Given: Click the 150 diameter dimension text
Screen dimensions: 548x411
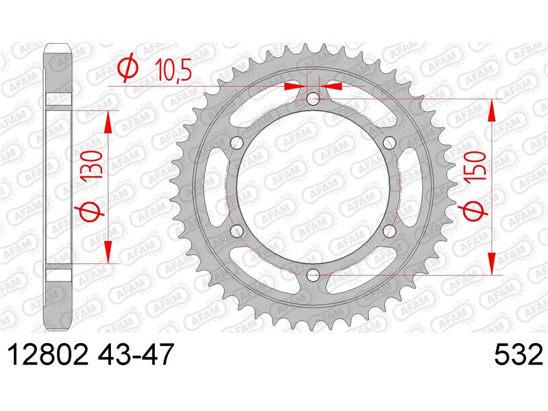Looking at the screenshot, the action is [474, 166].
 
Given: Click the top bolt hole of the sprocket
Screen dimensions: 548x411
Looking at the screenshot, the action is [313, 99].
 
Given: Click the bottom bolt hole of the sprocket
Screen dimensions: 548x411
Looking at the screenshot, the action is [313, 275].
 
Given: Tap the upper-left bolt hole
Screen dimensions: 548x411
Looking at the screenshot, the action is [237, 142].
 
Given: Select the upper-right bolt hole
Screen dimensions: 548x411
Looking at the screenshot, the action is [389, 142].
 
